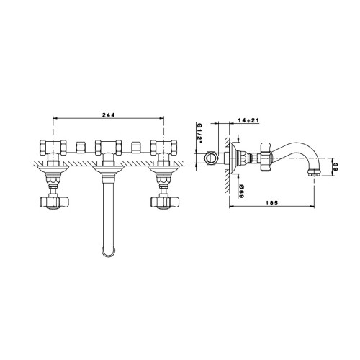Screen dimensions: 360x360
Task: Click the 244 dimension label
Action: [x=109, y=115]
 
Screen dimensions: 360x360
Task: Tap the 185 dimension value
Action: [x=271, y=203]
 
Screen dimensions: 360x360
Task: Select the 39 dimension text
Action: [x=336, y=167]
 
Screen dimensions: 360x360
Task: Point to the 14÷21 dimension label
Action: [x=248, y=120]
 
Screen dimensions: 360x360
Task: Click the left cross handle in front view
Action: [x=54, y=202]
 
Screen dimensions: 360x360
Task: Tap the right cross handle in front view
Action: [x=165, y=202]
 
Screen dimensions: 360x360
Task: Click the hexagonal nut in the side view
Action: [x=211, y=158]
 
